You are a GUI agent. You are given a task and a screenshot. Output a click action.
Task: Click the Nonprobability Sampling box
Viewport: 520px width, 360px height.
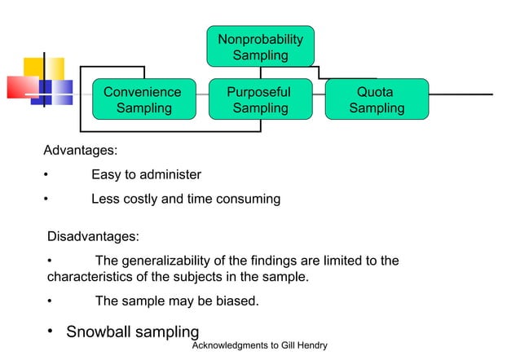[x=260, y=48]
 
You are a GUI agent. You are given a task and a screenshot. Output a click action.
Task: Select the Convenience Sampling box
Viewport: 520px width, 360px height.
[x=143, y=99]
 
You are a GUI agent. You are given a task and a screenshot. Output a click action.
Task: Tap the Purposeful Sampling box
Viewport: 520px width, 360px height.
[x=260, y=99]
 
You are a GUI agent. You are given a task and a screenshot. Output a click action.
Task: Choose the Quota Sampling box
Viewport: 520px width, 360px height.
[x=376, y=99]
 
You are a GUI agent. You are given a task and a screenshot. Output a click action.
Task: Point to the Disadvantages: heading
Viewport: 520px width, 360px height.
[x=93, y=237]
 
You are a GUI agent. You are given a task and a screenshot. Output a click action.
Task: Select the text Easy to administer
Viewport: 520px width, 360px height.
[x=146, y=175]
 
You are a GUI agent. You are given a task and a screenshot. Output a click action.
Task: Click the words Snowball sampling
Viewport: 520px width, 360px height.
[x=132, y=332]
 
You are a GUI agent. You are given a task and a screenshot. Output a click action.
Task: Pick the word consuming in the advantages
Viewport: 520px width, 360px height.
[x=245, y=199]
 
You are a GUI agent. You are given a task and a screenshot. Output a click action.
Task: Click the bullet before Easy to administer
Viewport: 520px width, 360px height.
[x=46, y=176]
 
